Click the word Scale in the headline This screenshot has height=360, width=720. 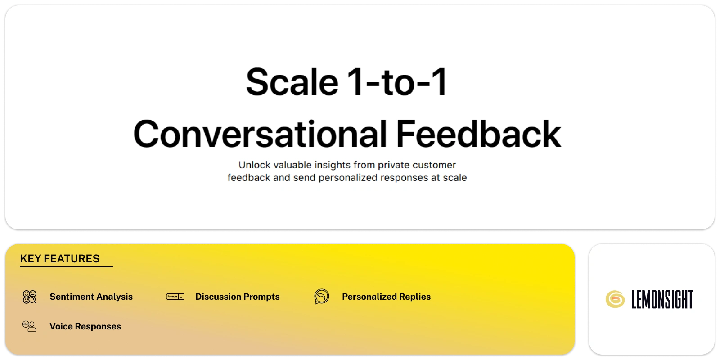coord(292,82)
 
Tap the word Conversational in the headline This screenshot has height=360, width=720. coord(260,134)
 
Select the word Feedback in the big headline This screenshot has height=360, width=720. coord(478,134)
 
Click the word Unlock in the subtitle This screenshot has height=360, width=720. coord(254,165)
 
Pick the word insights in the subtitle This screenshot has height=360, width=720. coord(333,165)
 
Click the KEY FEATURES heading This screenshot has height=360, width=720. coord(60,259)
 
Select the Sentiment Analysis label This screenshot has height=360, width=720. coord(91,297)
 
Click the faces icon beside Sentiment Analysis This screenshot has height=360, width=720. coord(30,297)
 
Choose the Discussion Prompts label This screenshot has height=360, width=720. coord(238,297)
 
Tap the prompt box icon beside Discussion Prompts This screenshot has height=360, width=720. coord(175,297)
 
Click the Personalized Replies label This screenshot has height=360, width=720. coord(387,297)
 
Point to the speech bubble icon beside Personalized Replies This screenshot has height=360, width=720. coord(322,297)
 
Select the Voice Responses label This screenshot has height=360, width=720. coord(85,327)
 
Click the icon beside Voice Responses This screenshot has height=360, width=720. coord(29,326)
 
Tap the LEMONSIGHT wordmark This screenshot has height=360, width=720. coord(662,299)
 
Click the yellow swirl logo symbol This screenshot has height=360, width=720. coord(615,299)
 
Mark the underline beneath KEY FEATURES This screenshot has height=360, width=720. coord(66,266)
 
